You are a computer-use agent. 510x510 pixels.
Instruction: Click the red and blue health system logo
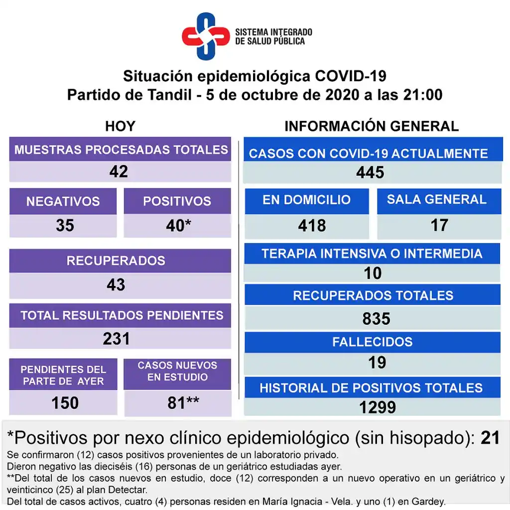click(204, 36)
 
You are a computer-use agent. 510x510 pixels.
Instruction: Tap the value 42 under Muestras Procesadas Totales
click(119, 172)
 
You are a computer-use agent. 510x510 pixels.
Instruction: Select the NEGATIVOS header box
click(63, 201)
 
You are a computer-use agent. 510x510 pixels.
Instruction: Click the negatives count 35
click(65, 226)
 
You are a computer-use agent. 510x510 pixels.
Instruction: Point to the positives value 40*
click(178, 226)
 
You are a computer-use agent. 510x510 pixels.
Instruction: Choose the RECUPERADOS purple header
click(116, 260)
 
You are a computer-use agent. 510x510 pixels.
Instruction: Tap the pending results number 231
click(116, 339)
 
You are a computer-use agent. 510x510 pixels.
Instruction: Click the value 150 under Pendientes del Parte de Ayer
click(65, 402)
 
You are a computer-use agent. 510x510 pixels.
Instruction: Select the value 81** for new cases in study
click(183, 402)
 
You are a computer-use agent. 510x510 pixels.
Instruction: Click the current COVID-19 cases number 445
click(370, 172)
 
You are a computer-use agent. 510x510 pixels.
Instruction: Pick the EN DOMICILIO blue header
click(306, 200)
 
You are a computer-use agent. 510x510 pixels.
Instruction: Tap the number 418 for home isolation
click(312, 226)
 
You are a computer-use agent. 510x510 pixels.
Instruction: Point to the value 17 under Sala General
click(439, 225)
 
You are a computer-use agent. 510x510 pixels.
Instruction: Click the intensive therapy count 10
click(373, 273)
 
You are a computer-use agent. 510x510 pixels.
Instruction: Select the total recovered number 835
click(376, 318)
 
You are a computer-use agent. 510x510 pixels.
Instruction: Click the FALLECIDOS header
click(372, 342)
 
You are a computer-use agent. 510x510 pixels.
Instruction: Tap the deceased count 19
click(377, 363)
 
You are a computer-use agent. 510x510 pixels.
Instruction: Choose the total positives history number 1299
click(377, 407)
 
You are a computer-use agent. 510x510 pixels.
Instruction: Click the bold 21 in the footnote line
click(490, 438)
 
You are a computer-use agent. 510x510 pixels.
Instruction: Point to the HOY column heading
click(120, 126)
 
